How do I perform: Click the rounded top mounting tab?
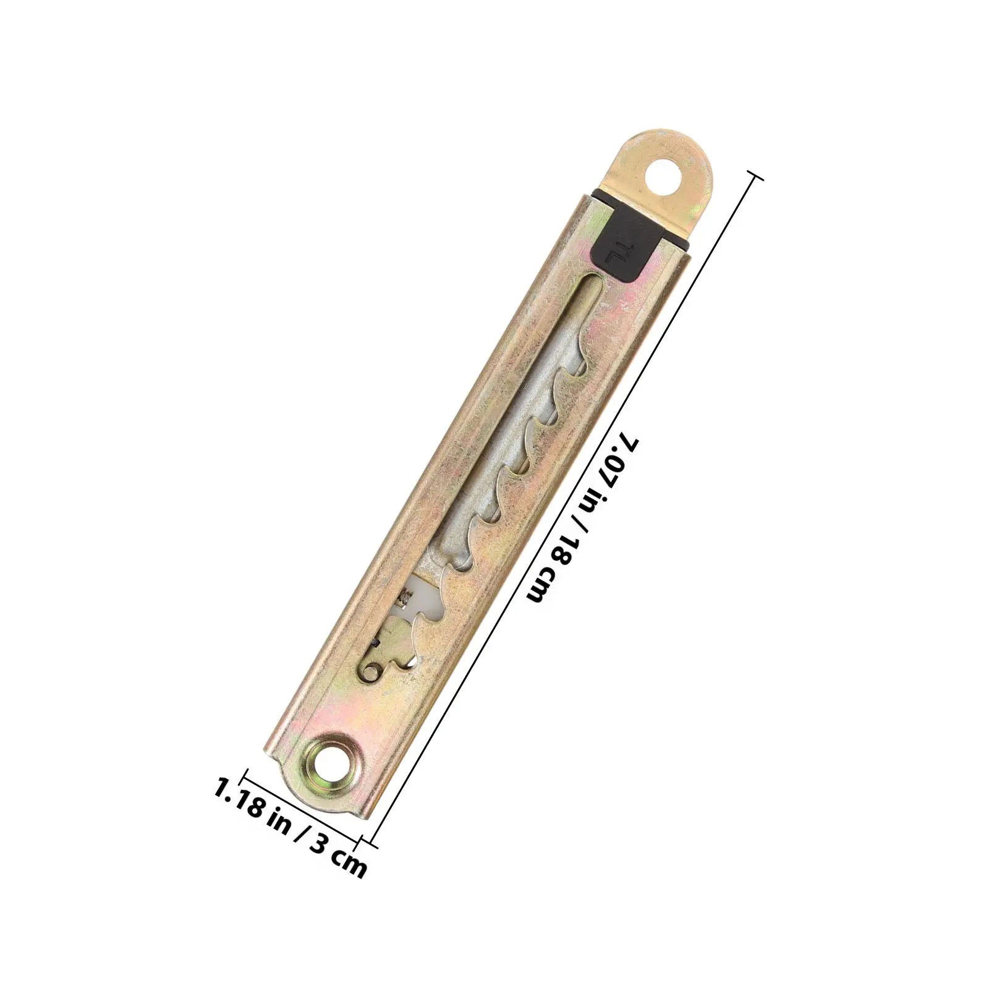tap(668, 179)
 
